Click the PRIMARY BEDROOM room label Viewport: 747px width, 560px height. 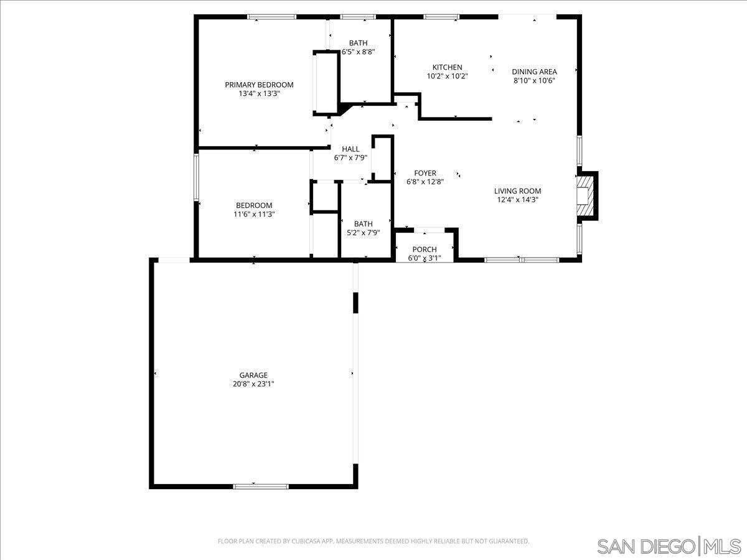pyautogui.click(x=259, y=85)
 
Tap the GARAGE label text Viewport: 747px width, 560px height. pyautogui.click(x=253, y=375)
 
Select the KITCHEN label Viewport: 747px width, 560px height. pyautogui.click(x=448, y=67)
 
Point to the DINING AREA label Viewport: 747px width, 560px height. pyautogui.click(x=534, y=72)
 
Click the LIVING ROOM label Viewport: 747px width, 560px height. pyautogui.click(x=517, y=191)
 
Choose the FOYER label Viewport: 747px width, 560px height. pyautogui.click(x=426, y=173)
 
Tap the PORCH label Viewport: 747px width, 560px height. pyautogui.click(x=425, y=250)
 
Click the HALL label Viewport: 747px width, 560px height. pyautogui.click(x=350, y=149)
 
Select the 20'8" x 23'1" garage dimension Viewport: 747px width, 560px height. pyautogui.click(x=253, y=385)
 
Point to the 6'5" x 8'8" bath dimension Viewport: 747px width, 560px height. pyautogui.click(x=358, y=52)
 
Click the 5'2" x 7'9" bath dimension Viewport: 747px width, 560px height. pyautogui.click(x=363, y=233)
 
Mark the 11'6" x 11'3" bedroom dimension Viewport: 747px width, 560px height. pyautogui.click(x=254, y=214)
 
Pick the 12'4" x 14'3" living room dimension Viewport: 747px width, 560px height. pyautogui.click(x=517, y=200)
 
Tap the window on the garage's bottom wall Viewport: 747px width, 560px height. pyautogui.click(x=261, y=485)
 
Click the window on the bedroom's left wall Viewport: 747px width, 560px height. pyautogui.click(x=196, y=177)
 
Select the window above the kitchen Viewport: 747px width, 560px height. pyautogui.click(x=441, y=17)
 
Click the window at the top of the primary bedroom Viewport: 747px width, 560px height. pyautogui.click(x=271, y=17)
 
